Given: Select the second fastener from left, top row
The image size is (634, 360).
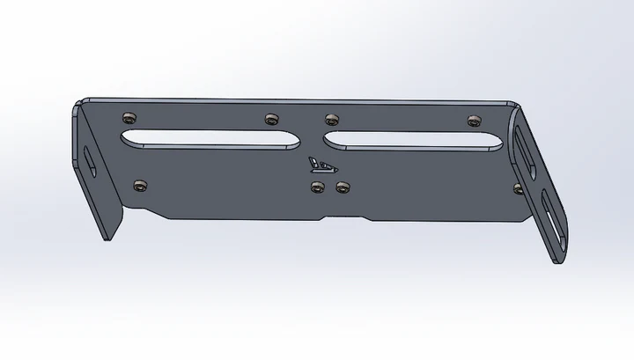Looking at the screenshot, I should tap(270, 117).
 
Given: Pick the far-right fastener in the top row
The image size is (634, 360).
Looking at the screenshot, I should tap(473, 118).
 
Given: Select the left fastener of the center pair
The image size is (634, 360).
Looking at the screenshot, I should tap(318, 186).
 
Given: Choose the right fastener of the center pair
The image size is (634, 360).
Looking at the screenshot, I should tap(343, 187).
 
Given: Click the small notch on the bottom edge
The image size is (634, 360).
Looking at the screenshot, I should tap(328, 214).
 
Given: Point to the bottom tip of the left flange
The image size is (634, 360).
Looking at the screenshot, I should tap(107, 238).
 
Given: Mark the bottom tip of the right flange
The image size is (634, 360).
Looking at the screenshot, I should tap(557, 261).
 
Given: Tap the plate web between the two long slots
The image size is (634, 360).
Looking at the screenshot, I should tap(308, 139).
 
